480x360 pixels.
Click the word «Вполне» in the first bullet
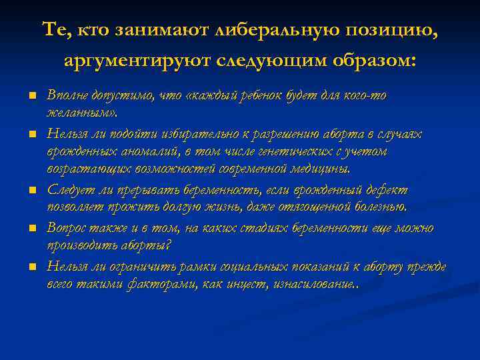(65, 95)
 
